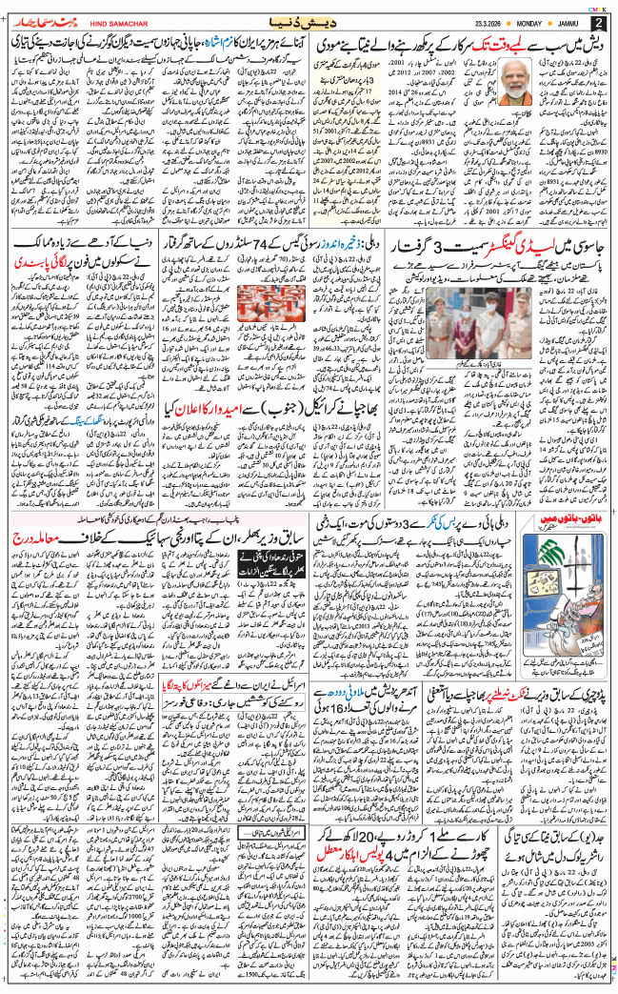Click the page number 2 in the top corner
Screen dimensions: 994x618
pyautogui.click(x=598, y=22)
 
